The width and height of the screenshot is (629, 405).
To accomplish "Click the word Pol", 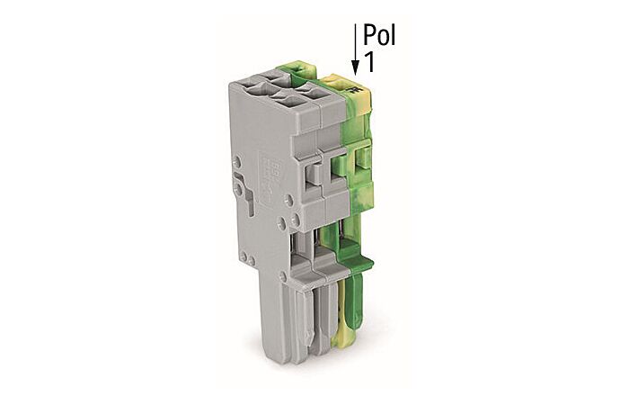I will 379,36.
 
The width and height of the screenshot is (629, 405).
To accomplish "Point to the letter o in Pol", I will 382,39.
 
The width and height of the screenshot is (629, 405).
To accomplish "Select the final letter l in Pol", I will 393,36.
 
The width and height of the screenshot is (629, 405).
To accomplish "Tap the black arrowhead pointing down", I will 356,67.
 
